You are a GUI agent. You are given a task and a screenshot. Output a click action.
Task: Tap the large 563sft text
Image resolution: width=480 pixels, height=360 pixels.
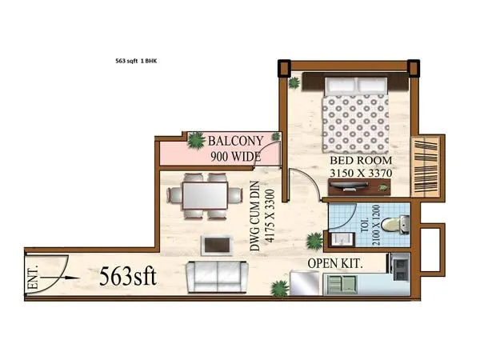click(128, 276)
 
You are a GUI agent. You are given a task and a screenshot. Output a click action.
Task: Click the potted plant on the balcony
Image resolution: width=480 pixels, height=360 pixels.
click(194, 141)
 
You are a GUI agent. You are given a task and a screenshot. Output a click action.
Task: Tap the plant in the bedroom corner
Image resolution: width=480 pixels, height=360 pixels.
click(295, 82)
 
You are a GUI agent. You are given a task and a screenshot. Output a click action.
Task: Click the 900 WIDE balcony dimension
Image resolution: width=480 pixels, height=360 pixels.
click(236, 156)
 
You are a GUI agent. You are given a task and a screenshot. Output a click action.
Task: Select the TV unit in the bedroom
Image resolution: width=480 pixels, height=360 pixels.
click(358, 186)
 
